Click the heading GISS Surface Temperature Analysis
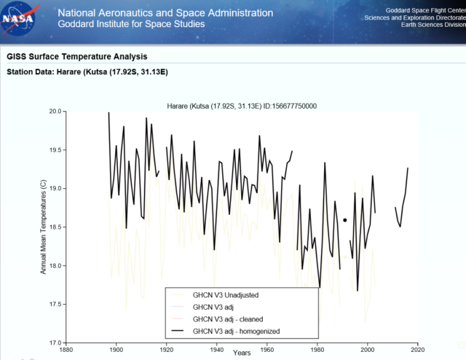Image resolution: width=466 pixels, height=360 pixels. pos(76,56)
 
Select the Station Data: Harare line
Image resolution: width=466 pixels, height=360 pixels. pos(88,72)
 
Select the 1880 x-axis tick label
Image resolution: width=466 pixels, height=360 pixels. pos(66,350)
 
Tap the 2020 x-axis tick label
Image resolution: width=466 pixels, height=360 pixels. pos(417,350)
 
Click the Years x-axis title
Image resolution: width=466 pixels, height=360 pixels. pos(242,353)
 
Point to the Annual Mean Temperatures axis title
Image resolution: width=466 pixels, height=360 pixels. pos(43,227)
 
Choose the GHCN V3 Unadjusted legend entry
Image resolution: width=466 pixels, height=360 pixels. pos(226,295)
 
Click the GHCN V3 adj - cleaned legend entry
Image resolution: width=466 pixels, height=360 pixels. pos(228,319)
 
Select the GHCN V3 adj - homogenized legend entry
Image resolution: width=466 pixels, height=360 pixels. pos(236,332)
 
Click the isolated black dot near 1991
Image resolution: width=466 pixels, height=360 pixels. pos(345,219)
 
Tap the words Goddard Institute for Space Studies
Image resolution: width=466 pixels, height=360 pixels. pos(130,24)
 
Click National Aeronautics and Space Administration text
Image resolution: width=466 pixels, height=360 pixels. pos(165,12)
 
